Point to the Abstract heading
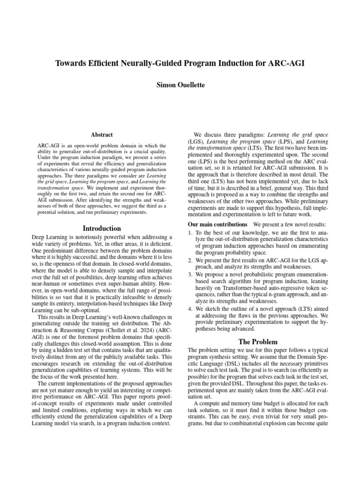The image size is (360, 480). coord(102,135)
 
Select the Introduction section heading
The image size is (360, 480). coord(102,228)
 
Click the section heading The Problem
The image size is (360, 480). coord(258,341)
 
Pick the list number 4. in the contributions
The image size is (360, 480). coord(190,309)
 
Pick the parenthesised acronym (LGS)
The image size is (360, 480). coord(195,141)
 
